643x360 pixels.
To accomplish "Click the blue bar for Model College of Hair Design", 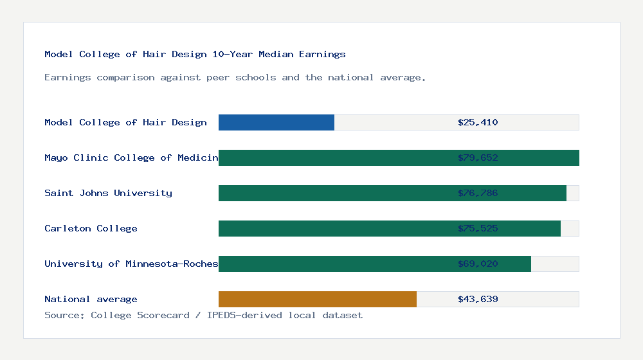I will click(276, 122).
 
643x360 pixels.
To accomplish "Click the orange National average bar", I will click(318, 299).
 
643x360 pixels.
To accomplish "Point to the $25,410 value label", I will click(478, 122).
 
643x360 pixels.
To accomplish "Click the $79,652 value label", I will click(478, 157).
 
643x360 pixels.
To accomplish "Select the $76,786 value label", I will click(478, 193).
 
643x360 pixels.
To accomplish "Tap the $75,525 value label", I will click(478, 228).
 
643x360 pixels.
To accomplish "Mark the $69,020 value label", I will click(478, 264).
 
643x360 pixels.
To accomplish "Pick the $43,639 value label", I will click(478, 299).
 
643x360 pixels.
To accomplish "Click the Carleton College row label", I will click(91, 228).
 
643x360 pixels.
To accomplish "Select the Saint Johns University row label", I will click(108, 193).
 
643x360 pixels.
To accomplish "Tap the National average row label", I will click(91, 299).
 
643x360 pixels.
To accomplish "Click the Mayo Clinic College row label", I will click(131, 157).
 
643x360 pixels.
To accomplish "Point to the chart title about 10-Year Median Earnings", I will click(195, 54).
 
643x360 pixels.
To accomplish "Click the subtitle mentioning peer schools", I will click(235, 77).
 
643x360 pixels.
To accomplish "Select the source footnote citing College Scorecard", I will click(203, 315).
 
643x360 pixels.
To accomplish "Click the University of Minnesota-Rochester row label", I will click(131, 264).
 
